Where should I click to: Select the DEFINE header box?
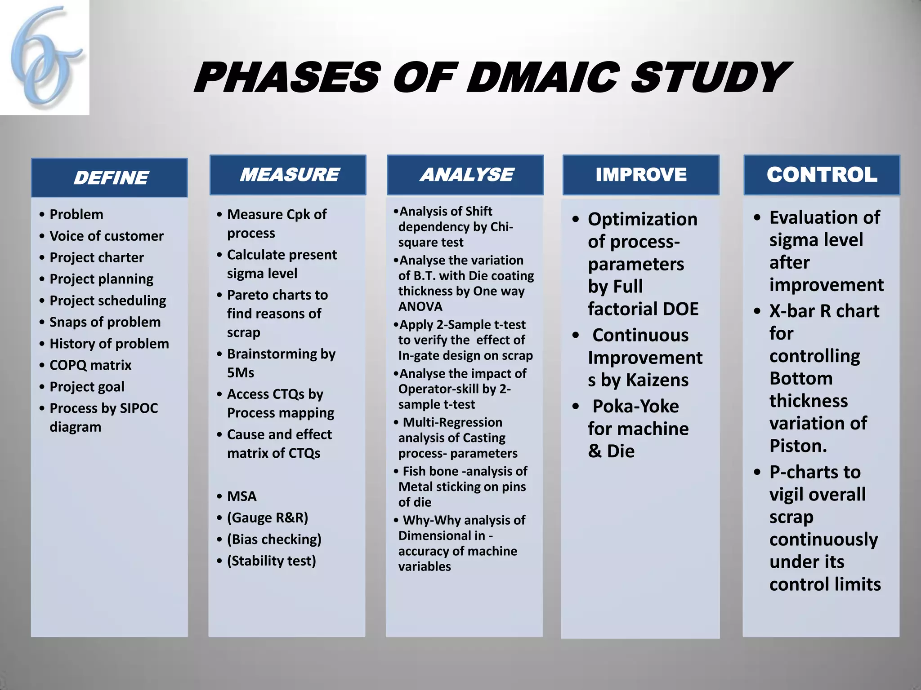coord(109,178)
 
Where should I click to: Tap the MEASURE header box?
coord(288,175)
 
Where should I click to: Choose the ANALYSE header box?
coord(465,175)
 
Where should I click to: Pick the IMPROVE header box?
coord(641,175)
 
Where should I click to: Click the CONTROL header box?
coord(822,175)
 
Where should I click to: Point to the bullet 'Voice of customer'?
coord(107,236)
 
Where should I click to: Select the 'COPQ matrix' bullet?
coord(90,365)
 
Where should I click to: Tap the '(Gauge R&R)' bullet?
coord(268,517)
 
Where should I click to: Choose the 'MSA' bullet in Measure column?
coord(241,496)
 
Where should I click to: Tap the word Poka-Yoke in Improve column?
coord(635,406)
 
